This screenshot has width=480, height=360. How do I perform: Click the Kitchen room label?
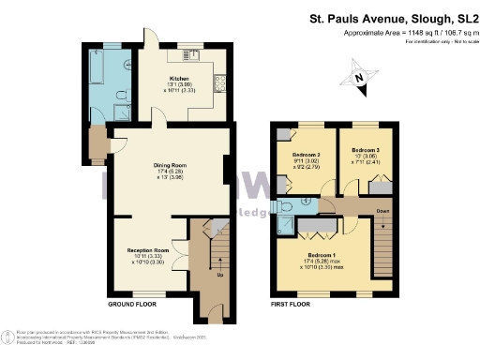[x=179, y=79]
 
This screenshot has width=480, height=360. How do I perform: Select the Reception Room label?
[x=148, y=251]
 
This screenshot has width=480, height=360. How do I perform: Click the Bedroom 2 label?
[x=307, y=155]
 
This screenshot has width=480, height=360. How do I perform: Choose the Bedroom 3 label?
[x=366, y=150]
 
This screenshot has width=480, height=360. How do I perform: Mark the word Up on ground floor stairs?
[x=219, y=276]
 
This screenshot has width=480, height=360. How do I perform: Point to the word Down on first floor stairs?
[x=382, y=212]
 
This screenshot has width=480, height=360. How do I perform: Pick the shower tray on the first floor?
[x=289, y=225]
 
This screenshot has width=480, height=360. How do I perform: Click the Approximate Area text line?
[x=404, y=33]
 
